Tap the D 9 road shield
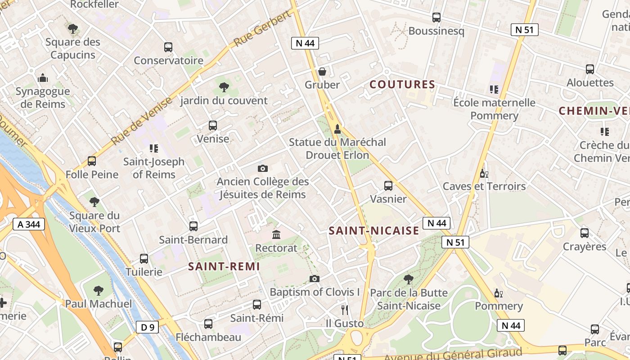coord(147,327)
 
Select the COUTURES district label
coord(402,84)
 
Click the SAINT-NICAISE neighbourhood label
coord(374,231)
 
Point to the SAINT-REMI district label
coord(224,266)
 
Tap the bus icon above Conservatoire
coord(168,47)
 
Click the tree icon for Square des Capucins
coord(73,29)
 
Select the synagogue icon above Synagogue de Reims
coord(43,78)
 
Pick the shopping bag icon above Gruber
coord(322,71)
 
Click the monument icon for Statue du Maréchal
coord(337,129)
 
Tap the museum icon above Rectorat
coord(276,234)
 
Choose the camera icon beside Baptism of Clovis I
coord(315,279)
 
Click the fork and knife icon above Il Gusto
coord(345,310)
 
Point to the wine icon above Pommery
coord(499,293)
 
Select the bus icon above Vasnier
coord(388,185)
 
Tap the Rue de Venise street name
coord(141,121)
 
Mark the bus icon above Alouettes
coord(590,69)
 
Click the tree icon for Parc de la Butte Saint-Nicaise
coord(409,279)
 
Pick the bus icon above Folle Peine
coord(92,161)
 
